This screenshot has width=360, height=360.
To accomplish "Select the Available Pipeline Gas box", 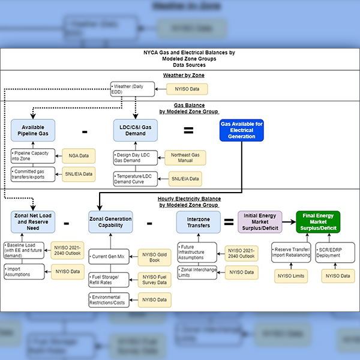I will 33,131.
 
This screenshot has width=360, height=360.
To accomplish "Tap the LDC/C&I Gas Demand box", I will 135,131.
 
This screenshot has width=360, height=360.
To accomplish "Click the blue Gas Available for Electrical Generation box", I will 241,131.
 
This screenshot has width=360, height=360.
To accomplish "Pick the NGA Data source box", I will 79,156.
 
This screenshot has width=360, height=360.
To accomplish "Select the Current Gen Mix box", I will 110,257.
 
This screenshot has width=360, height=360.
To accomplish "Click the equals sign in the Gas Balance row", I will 188,131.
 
